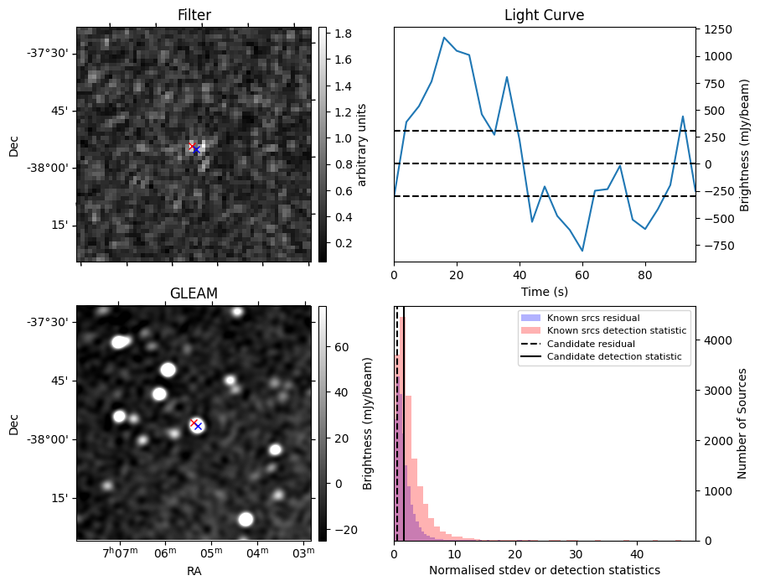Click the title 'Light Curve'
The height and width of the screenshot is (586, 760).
(544, 15)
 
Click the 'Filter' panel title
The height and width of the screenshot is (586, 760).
(194, 15)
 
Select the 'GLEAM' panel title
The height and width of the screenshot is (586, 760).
(194, 293)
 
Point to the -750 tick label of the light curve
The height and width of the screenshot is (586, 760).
(717, 246)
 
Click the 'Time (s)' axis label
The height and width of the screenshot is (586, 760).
(544, 290)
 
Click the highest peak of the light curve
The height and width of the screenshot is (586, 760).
(444, 38)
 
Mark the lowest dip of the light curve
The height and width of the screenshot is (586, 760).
(582, 251)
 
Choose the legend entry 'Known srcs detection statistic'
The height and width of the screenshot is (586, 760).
(616, 331)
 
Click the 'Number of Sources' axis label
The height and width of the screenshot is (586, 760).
(742, 423)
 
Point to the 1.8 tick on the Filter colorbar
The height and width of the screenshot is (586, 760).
(343, 34)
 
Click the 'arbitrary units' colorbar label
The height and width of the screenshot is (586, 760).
(363, 144)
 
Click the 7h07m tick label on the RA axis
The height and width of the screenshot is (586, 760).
(119, 552)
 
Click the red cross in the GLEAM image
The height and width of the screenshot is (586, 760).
(194, 423)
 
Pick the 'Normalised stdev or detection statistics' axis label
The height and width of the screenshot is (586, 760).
(544, 570)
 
